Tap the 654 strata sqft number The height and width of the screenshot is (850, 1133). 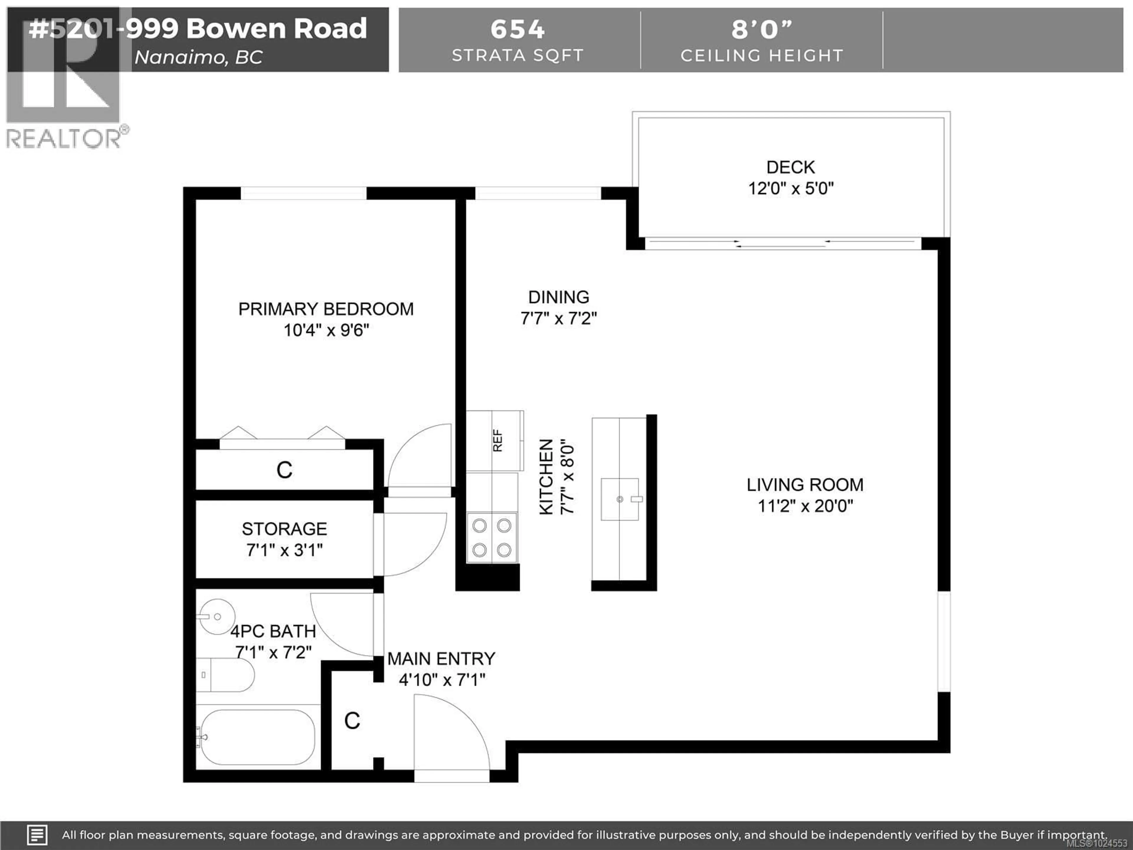(517, 29)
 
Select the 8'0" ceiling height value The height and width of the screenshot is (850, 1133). (761, 29)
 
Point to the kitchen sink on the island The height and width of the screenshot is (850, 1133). (620, 499)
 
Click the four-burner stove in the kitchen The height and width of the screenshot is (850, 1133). (492, 538)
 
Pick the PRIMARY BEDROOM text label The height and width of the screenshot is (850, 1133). (326, 309)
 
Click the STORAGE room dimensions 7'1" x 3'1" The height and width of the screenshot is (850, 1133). (284, 550)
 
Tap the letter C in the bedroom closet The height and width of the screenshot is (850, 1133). (284, 470)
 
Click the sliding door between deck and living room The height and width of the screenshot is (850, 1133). (783, 243)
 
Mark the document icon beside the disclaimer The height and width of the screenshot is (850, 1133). (37, 835)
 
